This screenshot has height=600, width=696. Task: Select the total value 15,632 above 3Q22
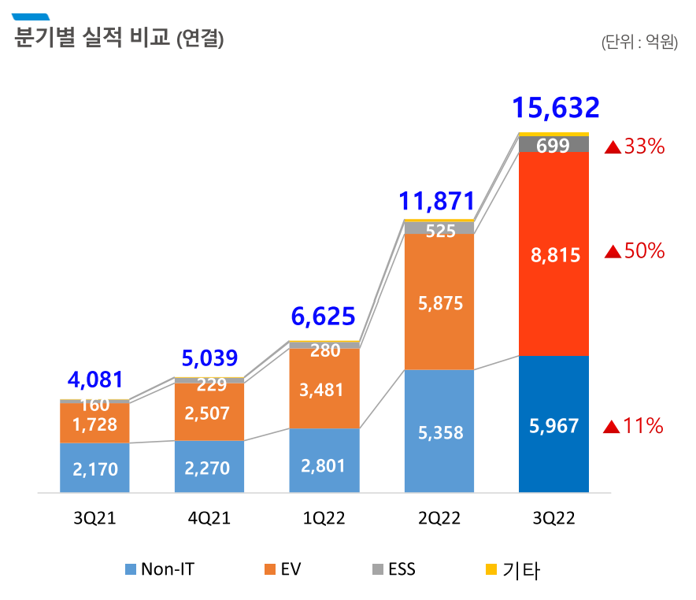tap(556, 108)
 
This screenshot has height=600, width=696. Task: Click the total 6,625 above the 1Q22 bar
tap(323, 317)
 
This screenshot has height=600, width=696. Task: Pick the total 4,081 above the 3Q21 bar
tap(95, 380)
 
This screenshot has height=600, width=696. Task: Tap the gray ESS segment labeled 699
tap(553, 145)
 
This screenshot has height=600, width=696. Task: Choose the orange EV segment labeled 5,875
tap(439, 302)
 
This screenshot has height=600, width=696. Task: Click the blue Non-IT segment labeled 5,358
tap(439, 432)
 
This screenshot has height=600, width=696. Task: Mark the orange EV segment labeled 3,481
tap(324, 389)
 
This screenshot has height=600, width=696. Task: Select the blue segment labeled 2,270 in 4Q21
tap(209, 468)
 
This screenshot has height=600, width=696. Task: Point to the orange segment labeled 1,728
tap(94, 424)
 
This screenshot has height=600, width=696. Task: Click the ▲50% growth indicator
tap(635, 252)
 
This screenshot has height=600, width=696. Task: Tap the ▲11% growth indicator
tap(634, 427)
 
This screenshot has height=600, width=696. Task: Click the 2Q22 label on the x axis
tap(439, 518)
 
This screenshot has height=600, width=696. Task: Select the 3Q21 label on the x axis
tap(94, 518)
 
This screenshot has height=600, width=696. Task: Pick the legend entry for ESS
tap(394, 569)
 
